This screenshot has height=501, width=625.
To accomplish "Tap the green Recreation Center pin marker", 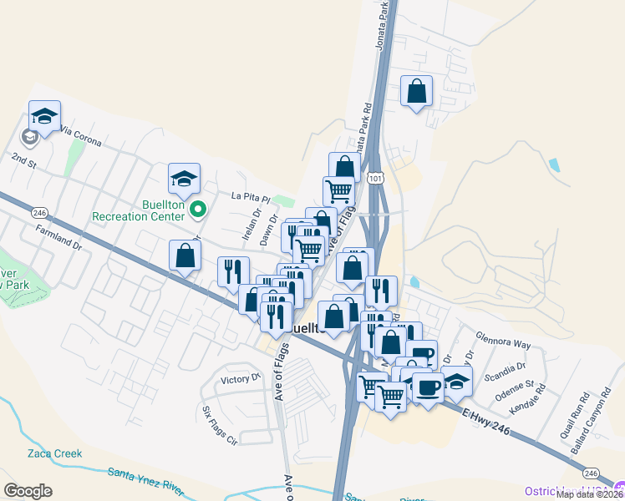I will pyautogui.click(x=198, y=209).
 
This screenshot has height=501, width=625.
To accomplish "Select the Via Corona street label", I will pyautogui.click(x=80, y=136).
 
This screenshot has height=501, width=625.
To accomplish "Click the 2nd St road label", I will pyautogui.click(x=23, y=160).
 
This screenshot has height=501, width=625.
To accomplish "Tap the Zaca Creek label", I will pyautogui.click(x=55, y=453).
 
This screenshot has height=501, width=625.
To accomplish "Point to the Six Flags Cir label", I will pyautogui.click(x=220, y=425).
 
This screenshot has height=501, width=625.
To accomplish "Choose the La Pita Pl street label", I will pyautogui.click(x=251, y=199).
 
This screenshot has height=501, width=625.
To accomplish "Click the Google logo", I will pyautogui.click(x=28, y=491).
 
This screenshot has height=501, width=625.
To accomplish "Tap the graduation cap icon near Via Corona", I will pyautogui.click(x=44, y=115).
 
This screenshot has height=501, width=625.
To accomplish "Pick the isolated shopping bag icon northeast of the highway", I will pyautogui.click(x=416, y=90).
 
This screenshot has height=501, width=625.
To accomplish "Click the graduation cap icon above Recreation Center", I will pyautogui.click(x=184, y=177).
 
